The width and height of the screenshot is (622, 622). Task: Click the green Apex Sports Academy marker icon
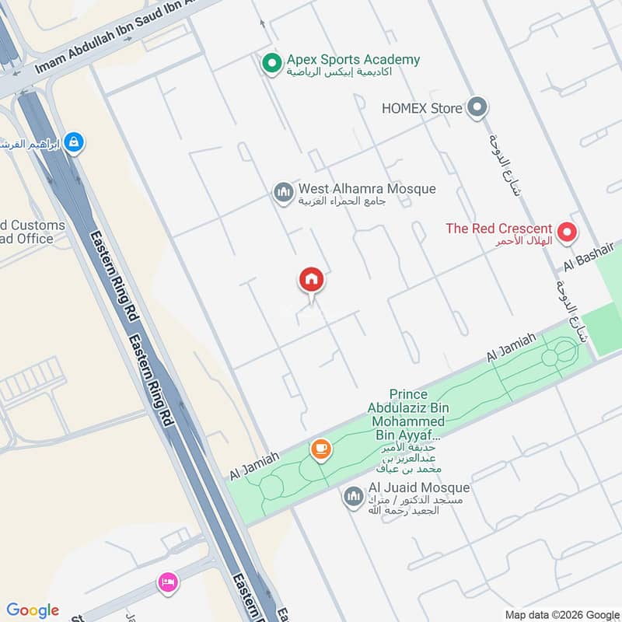271,63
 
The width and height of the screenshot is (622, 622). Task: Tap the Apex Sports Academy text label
353,60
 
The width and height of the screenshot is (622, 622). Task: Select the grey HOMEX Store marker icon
477,108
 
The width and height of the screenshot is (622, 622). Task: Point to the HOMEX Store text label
421,109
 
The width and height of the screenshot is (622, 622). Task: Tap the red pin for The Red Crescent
568,231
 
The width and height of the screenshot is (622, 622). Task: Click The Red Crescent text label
498,229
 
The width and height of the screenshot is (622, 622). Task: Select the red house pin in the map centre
311,279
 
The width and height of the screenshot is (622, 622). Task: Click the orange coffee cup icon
320,449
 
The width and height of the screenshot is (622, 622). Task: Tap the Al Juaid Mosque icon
354,495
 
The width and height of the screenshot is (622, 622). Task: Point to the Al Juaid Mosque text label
419,488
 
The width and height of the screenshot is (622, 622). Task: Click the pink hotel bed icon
167,582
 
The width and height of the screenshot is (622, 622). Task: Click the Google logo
33,610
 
